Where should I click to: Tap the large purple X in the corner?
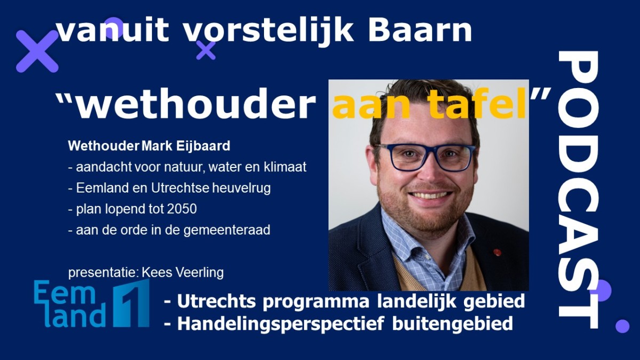[37, 51]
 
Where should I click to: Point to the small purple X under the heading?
[206, 51]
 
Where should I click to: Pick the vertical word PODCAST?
[579, 189]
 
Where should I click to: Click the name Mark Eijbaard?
[186, 146]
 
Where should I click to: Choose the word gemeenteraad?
[227, 230]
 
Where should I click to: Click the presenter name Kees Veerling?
[182, 273]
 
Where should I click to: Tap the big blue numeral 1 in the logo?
[132, 303]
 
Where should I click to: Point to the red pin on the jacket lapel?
[497, 252]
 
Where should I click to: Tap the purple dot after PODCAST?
[622, 326]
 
